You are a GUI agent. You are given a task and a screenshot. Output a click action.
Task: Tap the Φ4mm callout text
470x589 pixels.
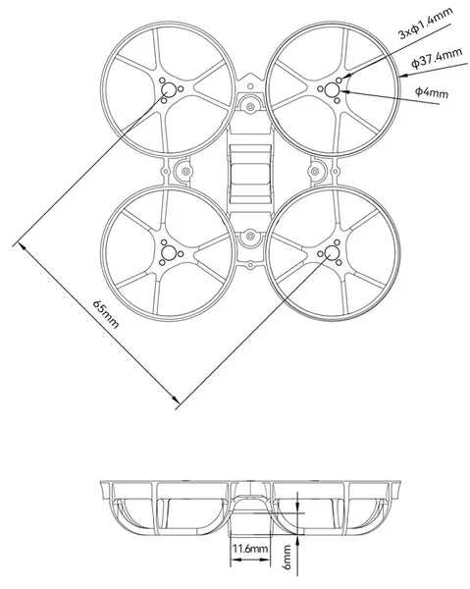point(433,92)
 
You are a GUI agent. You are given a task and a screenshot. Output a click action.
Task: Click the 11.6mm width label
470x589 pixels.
point(248,549)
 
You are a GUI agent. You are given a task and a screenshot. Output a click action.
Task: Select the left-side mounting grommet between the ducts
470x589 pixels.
point(183,172)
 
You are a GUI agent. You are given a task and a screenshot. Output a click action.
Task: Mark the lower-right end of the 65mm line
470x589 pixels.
point(176,401)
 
